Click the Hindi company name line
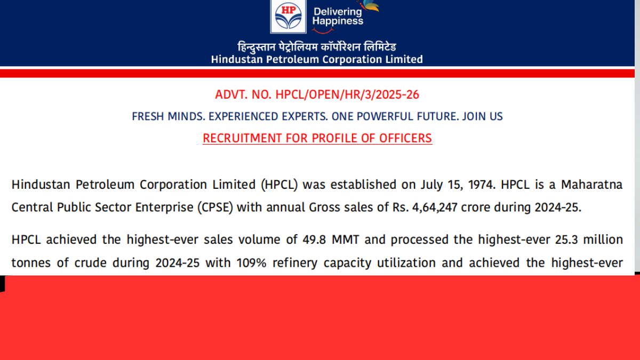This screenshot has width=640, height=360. click(317, 46)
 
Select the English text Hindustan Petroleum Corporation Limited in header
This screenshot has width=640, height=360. click(317, 59)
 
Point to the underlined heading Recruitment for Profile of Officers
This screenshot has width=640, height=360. click(317, 138)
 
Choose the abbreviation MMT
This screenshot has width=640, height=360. click(346, 239)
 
